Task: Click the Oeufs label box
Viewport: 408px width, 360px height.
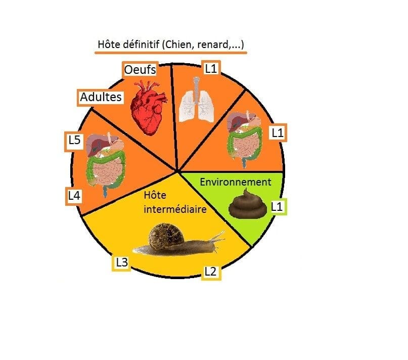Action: click(140, 69)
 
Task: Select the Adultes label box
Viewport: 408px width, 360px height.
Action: click(101, 98)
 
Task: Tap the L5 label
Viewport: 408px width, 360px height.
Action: click(74, 141)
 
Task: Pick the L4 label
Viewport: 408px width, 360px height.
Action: click(74, 196)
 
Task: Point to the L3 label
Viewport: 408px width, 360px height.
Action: click(121, 262)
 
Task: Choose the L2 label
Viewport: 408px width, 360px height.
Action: click(211, 272)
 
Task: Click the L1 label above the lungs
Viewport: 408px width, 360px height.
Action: click(211, 68)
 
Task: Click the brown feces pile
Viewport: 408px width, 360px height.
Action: click(248, 204)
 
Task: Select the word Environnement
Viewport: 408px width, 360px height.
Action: click(236, 182)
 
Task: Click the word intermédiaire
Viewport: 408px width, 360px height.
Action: click(175, 209)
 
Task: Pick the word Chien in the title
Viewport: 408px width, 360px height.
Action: click(180, 44)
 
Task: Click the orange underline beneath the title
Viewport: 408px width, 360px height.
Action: click(171, 53)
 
